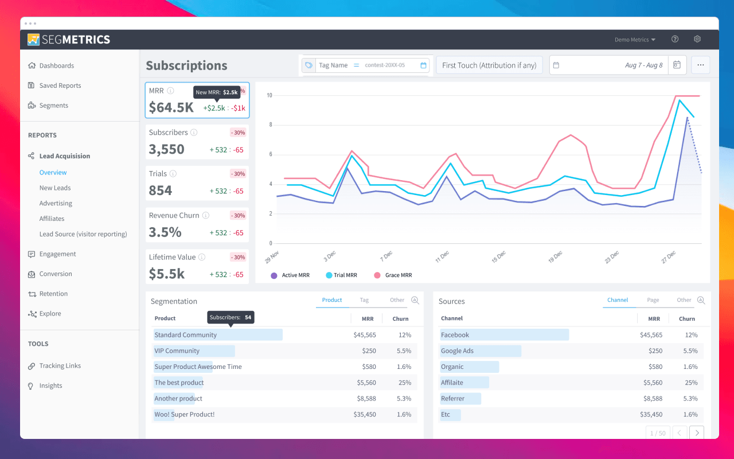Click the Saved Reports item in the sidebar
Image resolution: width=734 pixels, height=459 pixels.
coord(60,85)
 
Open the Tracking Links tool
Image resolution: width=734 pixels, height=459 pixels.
coord(60,366)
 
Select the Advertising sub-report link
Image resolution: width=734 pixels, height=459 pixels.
coord(56,203)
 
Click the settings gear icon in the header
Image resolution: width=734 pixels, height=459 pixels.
coord(697,40)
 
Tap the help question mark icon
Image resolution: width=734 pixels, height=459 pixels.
coord(675,40)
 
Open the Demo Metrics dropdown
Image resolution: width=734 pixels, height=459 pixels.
coord(635,40)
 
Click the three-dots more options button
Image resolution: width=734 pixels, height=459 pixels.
coord(700,65)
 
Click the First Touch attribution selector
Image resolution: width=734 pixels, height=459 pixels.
coord(489,65)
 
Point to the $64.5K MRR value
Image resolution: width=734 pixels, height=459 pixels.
coord(171,107)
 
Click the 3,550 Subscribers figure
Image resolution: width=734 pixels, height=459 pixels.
coord(166,149)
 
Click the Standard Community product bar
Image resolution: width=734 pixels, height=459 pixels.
coord(218,335)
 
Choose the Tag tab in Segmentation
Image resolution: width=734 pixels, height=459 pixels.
coord(364,300)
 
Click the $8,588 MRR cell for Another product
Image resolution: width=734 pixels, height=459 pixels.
coord(365,399)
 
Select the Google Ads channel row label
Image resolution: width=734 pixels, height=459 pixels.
coord(457,351)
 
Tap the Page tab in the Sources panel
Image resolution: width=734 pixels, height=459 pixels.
coord(653,300)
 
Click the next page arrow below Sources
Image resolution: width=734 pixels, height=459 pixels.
coord(696,433)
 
